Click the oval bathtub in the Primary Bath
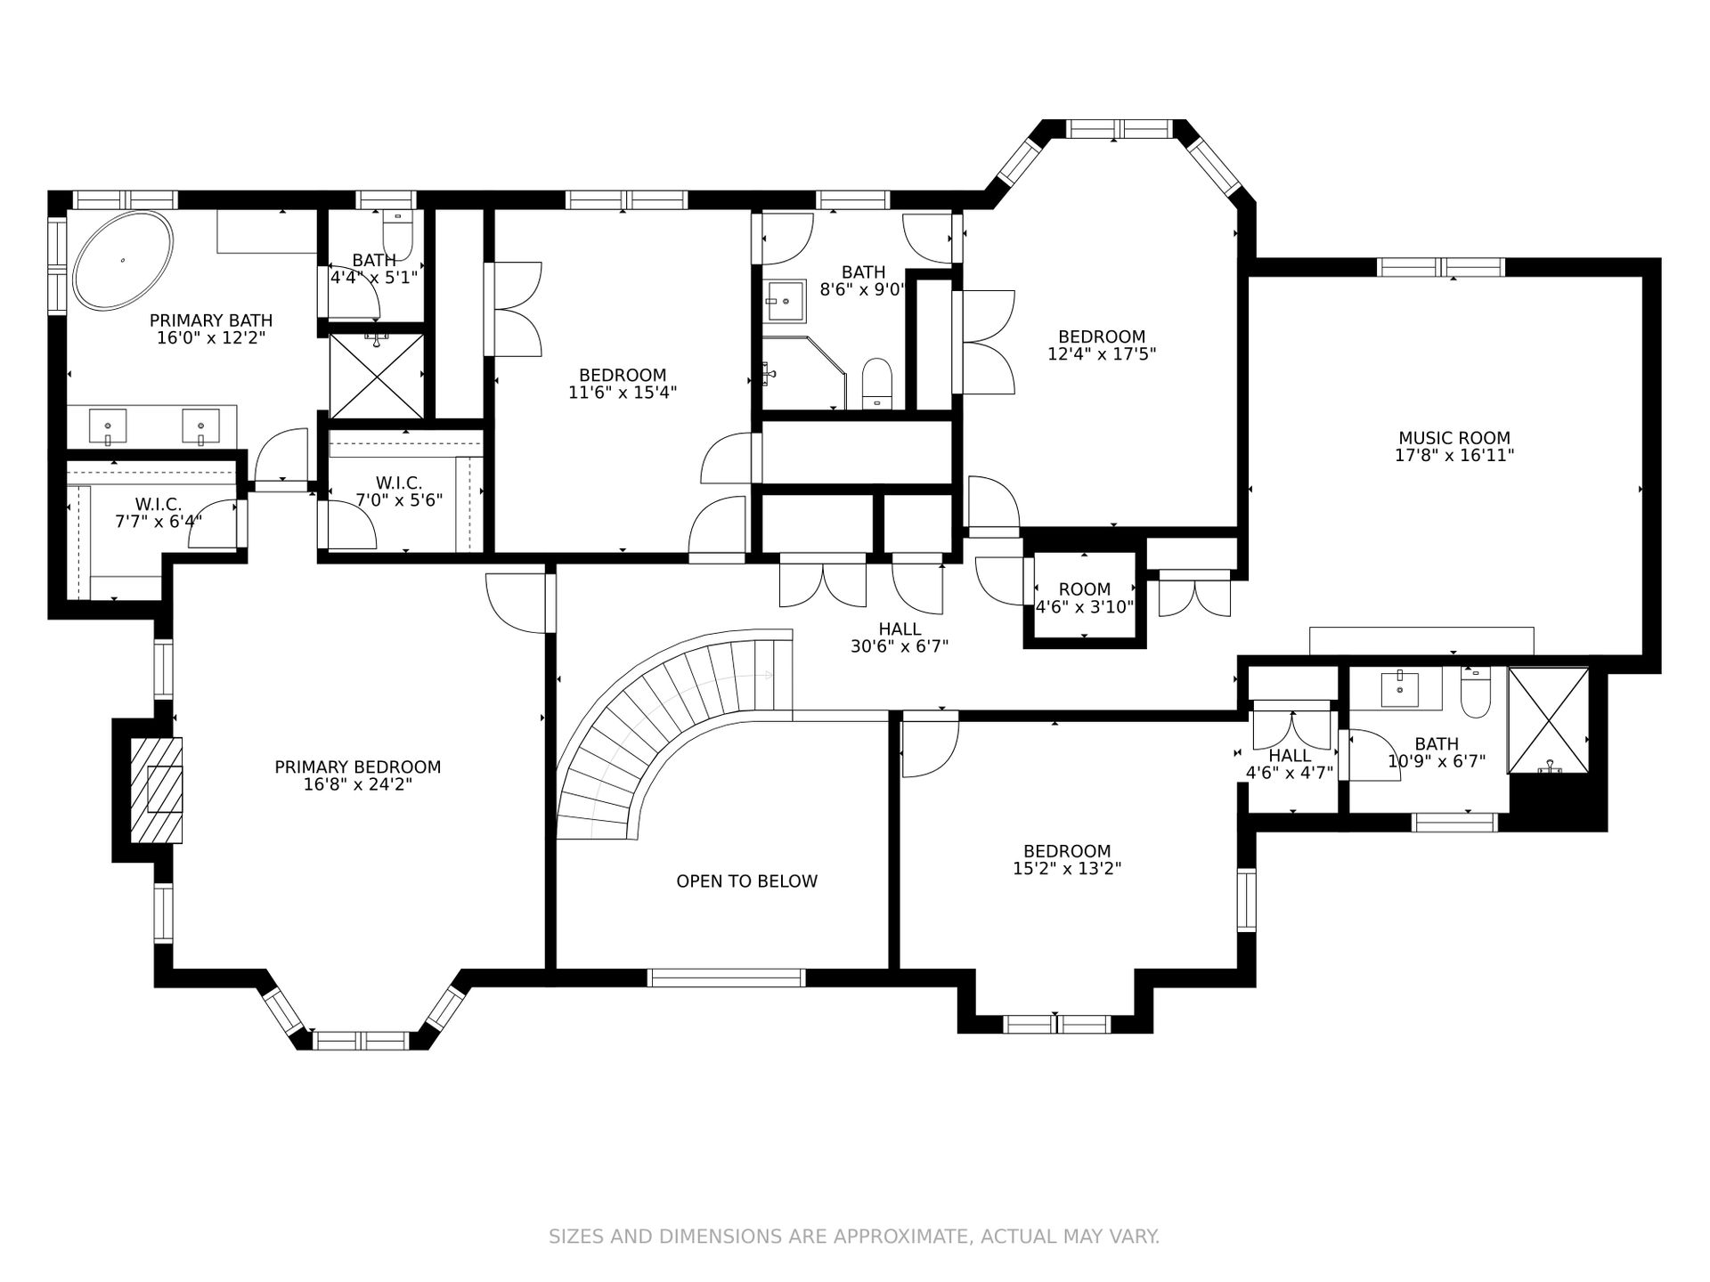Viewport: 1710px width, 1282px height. point(123,260)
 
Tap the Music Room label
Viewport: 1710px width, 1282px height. point(1454,438)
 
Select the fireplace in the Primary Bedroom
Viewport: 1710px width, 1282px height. point(157,790)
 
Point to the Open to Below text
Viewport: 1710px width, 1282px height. point(746,881)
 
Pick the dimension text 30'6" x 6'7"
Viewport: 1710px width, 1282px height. point(900,647)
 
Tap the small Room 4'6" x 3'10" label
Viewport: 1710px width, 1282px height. point(1085,589)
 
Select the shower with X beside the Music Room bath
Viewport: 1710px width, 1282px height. point(1548,720)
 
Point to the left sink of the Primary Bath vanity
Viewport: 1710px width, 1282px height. point(108,426)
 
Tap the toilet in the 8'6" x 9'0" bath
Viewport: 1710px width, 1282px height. point(877,384)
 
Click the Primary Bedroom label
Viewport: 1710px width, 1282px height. point(358,767)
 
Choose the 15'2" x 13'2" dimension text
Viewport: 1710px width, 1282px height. point(1067,869)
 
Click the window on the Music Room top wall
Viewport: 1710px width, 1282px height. point(1441,267)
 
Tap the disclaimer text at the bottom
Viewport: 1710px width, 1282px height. point(854,1237)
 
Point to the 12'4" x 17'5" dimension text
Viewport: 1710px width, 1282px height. point(1102,354)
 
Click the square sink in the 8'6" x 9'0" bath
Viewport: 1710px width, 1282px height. point(785,302)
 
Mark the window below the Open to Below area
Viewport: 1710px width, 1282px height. point(727,978)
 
